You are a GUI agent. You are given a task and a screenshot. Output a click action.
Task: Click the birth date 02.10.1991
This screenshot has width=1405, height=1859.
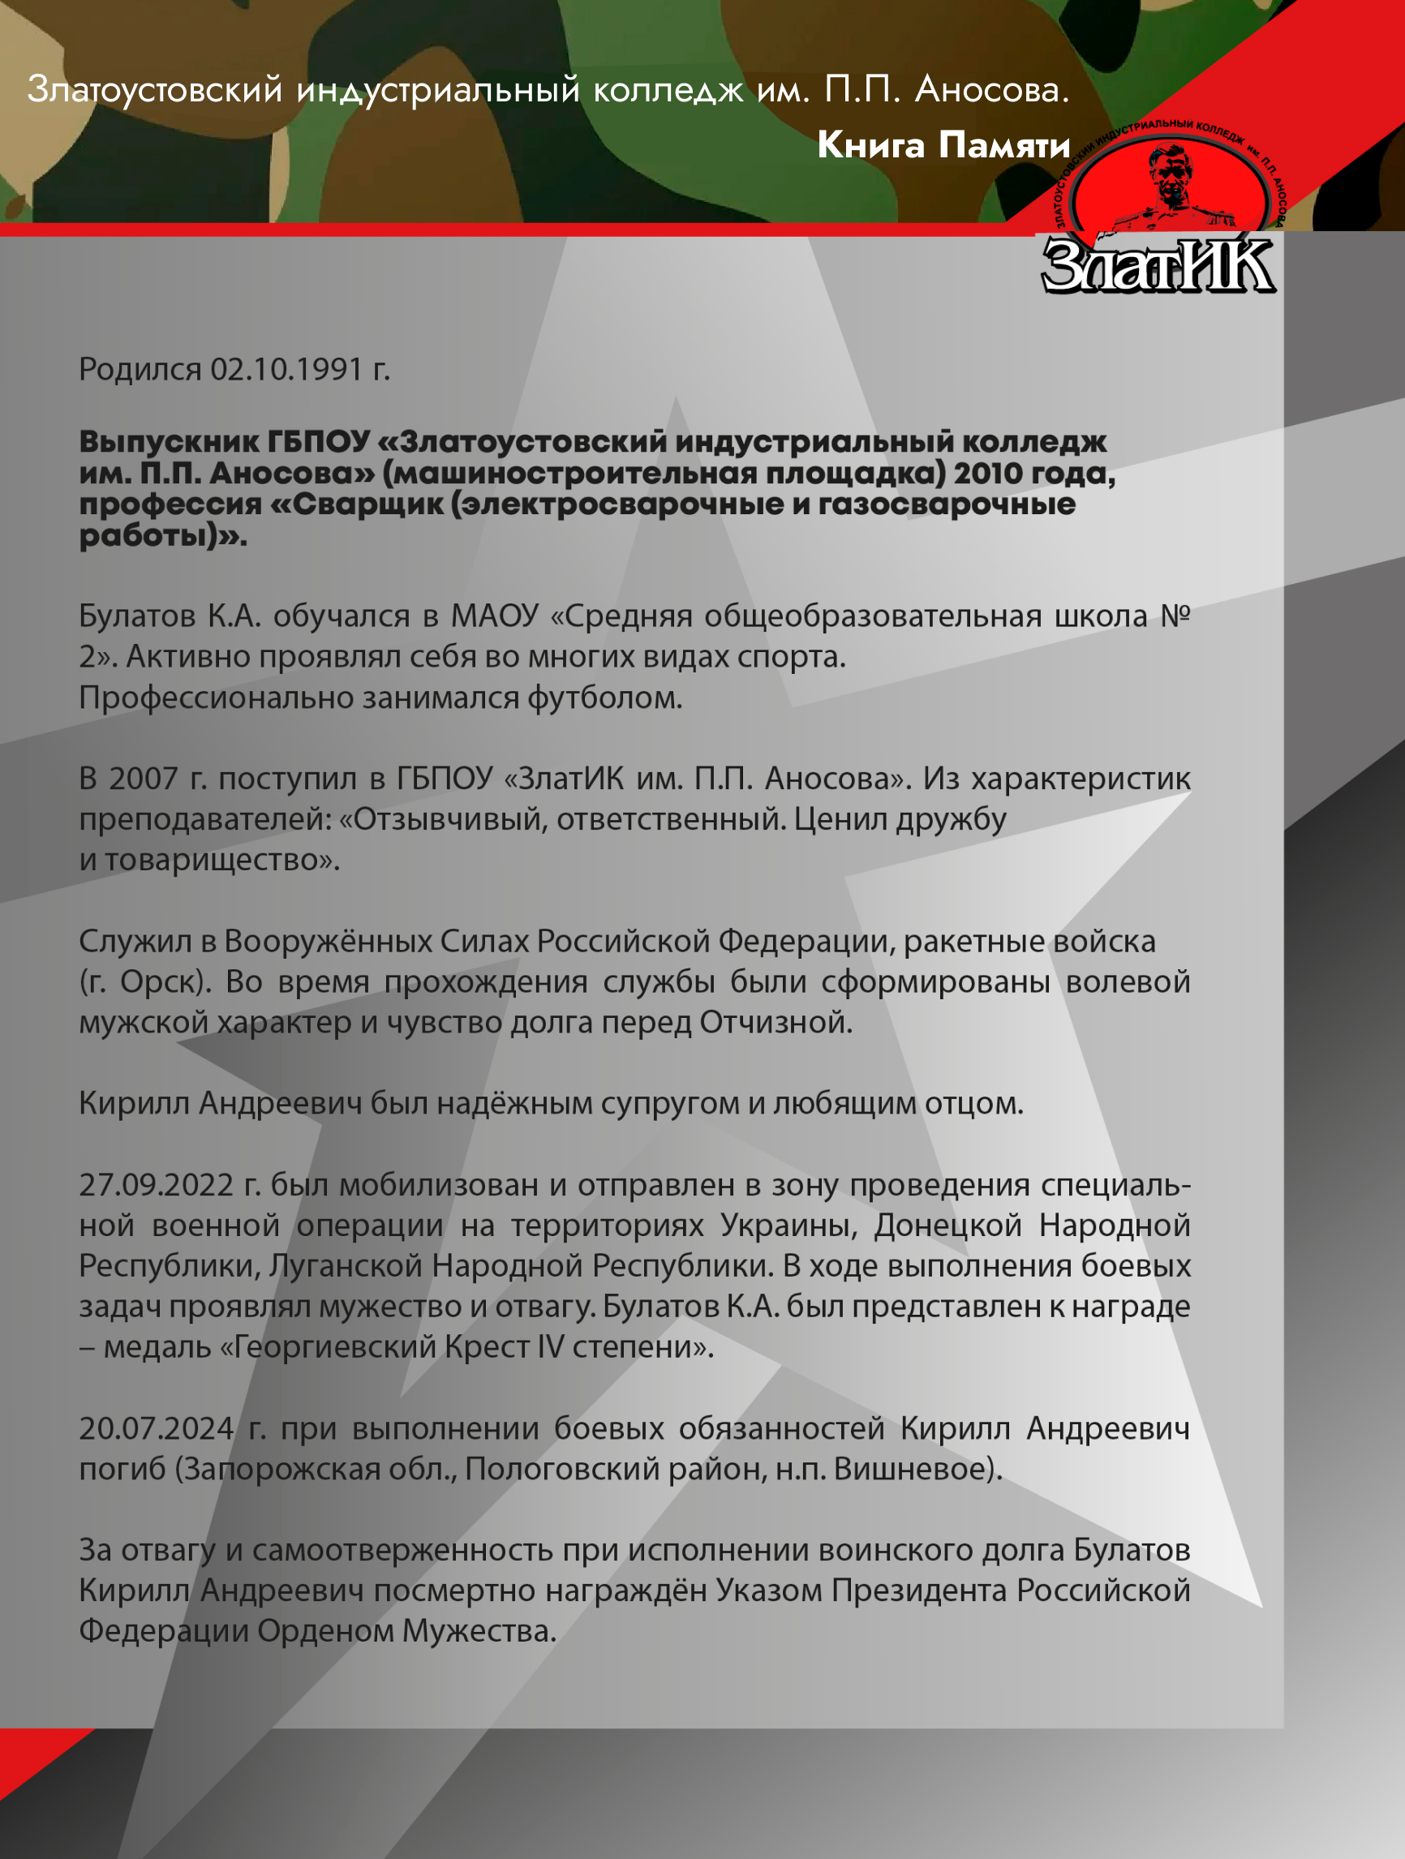point(286,370)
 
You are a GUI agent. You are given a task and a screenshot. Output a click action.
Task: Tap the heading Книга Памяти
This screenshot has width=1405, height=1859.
point(943,145)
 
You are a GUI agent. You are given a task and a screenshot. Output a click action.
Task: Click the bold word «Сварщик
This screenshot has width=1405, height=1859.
point(355,505)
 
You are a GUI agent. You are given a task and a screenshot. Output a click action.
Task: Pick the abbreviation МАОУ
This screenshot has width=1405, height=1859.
point(494,617)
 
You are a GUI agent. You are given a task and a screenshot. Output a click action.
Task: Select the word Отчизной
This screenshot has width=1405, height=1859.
point(776,1023)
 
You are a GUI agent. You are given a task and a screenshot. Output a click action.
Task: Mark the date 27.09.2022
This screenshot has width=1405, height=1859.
point(157,1186)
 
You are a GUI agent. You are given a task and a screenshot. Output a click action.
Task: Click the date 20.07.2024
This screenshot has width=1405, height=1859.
point(157,1428)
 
